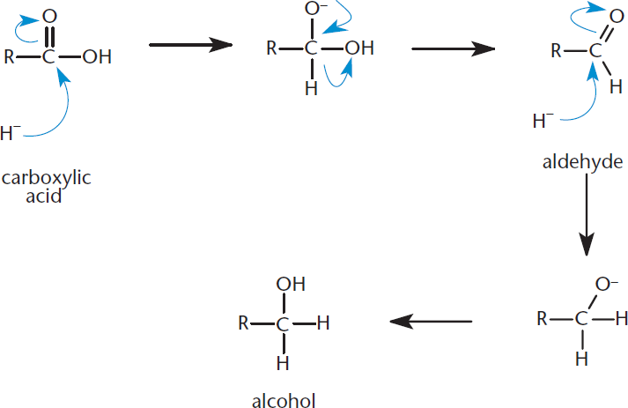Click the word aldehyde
[x=583, y=162]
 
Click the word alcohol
[x=284, y=400]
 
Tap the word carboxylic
[x=47, y=178]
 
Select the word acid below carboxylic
[x=44, y=196]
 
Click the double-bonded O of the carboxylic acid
[x=49, y=17]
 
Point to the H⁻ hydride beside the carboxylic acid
[x=11, y=133]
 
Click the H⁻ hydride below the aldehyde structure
[x=543, y=121]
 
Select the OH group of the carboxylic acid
[x=97, y=57]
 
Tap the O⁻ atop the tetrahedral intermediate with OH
[x=316, y=9]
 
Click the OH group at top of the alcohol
[x=291, y=284]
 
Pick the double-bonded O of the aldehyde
[x=617, y=17]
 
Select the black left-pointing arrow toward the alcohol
[x=431, y=322]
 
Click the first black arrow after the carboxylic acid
[x=190, y=45]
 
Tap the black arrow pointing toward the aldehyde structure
[x=454, y=48]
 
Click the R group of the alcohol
[x=243, y=323]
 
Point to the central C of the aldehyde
[x=595, y=51]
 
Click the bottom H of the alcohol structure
[x=283, y=364]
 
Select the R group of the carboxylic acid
[x=9, y=57]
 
